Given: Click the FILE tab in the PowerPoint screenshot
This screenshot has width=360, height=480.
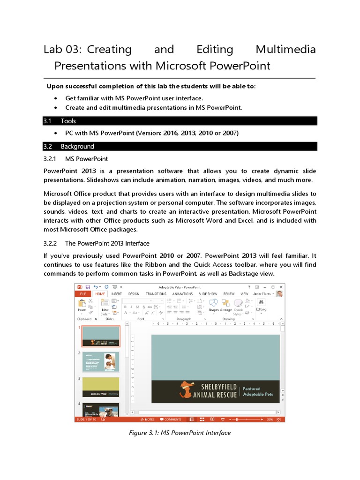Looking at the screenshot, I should point(82,294).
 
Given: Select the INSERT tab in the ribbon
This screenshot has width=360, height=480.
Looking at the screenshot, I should point(116,294).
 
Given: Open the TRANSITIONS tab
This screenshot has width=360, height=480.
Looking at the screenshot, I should point(156,294).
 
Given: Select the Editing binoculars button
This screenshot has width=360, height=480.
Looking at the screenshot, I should point(261,304).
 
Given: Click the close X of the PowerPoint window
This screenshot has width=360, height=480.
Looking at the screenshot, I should point(281,287).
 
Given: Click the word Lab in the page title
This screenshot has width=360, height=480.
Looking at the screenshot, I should point(52,49).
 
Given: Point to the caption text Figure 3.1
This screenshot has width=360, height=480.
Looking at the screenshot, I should point(143,433).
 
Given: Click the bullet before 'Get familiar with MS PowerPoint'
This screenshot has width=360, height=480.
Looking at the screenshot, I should point(56,98).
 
